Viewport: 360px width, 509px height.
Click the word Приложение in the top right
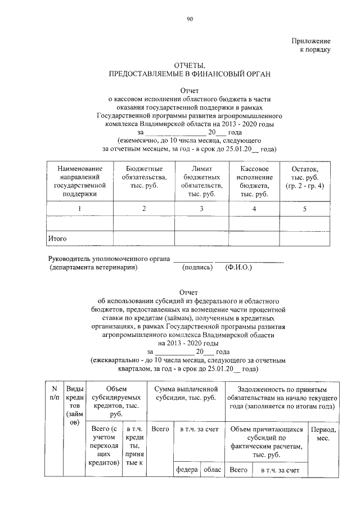[310, 41]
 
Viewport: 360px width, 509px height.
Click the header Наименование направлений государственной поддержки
[79, 181]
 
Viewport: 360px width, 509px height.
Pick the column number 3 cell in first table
[201, 209]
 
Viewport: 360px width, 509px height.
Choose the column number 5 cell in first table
[304, 209]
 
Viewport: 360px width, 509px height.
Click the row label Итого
[57, 239]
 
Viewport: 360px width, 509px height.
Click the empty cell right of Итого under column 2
[144, 239]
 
